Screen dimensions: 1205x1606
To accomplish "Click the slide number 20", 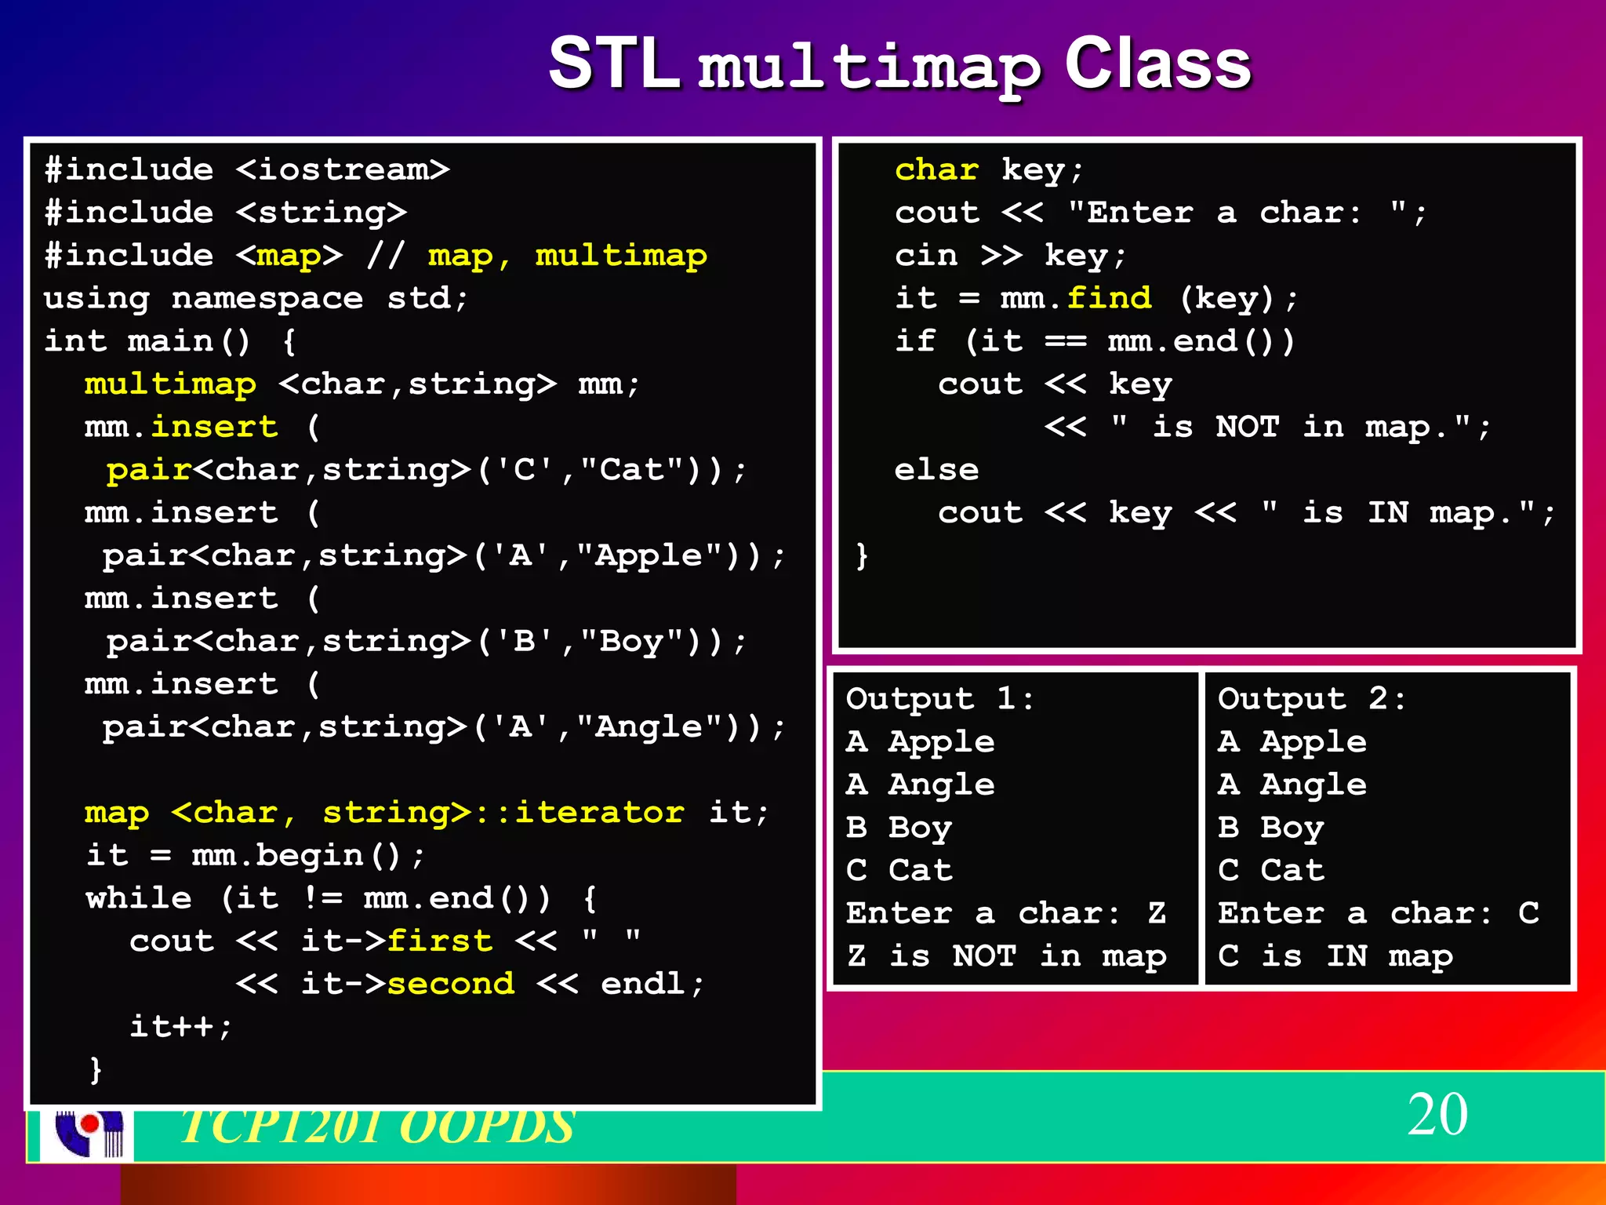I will coord(1437,1114).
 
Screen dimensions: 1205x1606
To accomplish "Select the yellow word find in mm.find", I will coord(1109,298).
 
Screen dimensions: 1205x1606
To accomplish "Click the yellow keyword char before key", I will coord(936,169).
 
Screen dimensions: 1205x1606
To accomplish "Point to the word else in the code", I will coord(936,470).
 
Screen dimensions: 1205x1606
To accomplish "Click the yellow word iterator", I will coord(599,813).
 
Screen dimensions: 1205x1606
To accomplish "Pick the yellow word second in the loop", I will coord(451,984).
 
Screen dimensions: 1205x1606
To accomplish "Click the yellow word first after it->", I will coord(440,941).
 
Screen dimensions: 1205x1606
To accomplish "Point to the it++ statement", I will coord(180,1026).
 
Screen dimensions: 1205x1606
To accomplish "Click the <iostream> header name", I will coord(343,169).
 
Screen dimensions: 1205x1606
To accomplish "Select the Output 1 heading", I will coord(939,698).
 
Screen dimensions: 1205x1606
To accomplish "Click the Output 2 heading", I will coord(1311,698).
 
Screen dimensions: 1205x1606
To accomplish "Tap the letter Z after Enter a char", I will coord(1157,913).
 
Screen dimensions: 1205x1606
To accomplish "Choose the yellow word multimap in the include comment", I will coord(620,256).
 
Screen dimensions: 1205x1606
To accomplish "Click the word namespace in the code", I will coord(267,298).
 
